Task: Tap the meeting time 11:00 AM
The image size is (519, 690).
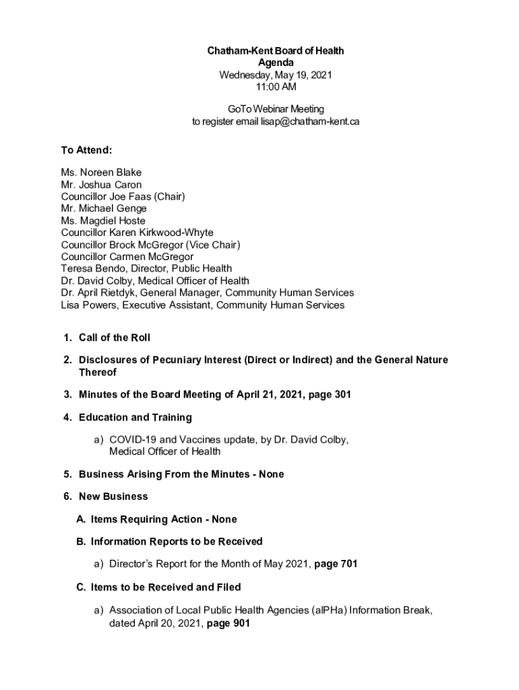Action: click(275, 86)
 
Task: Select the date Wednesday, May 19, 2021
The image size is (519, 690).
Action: click(275, 75)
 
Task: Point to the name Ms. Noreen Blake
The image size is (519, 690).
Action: click(101, 172)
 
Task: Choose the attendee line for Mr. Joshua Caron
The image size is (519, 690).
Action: click(101, 185)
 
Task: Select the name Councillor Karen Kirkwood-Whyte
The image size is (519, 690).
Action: click(137, 233)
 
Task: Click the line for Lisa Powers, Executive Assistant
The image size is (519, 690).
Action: click(202, 305)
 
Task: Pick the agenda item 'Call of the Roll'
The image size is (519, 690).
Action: click(114, 338)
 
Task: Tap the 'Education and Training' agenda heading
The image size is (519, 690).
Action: click(135, 417)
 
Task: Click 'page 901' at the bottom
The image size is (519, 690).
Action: click(228, 623)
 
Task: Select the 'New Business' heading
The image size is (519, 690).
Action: click(113, 497)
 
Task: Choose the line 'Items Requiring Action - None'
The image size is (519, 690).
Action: click(164, 519)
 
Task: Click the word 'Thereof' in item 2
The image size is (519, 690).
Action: click(98, 372)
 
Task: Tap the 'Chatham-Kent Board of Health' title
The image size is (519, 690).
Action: click(275, 51)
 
